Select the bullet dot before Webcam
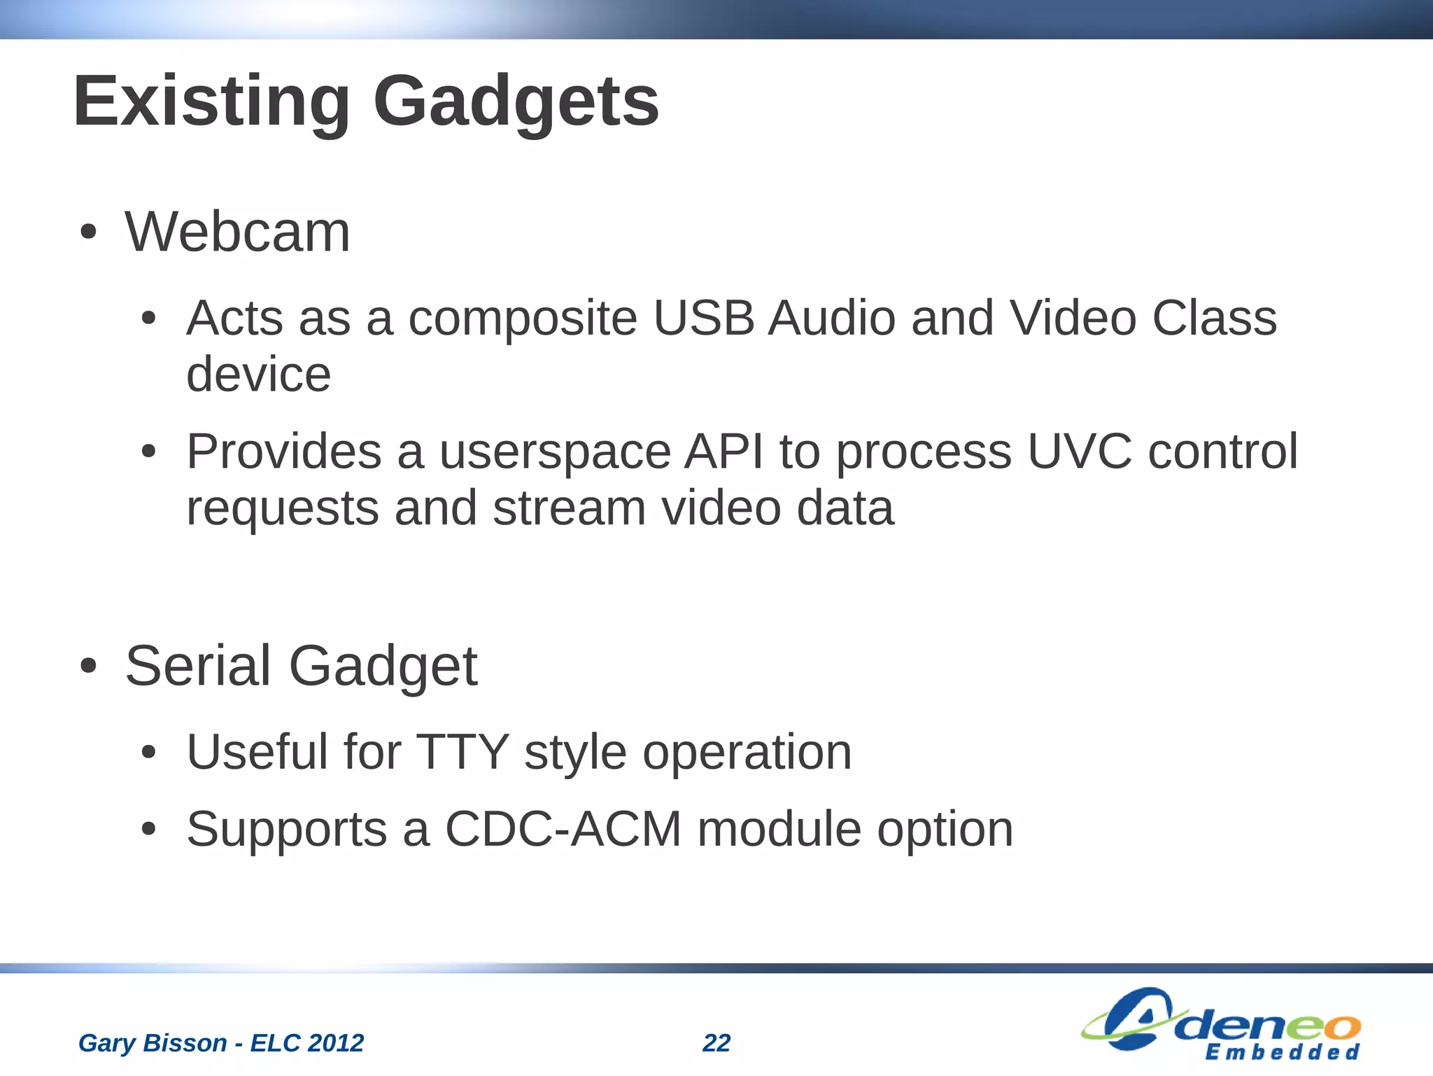pyautogui.click(x=87, y=233)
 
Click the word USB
pyautogui.click(x=703, y=319)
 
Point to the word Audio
pyautogui.click(x=831, y=319)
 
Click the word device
pyautogui.click(x=258, y=375)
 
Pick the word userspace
pyautogui.click(x=555, y=452)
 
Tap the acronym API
pyautogui.click(x=723, y=452)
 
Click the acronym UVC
pyautogui.click(x=1079, y=452)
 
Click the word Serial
pyautogui.click(x=198, y=666)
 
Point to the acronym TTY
pyautogui.click(x=462, y=753)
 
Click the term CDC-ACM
pyautogui.click(x=563, y=830)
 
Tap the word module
pyautogui.click(x=779, y=830)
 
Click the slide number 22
pyautogui.click(x=716, y=1043)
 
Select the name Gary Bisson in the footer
pyautogui.click(x=153, y=1043)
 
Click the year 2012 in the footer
pyautogui.click(x=336, y=1043)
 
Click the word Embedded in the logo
pyautogui.click(x=1282, y=1052)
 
